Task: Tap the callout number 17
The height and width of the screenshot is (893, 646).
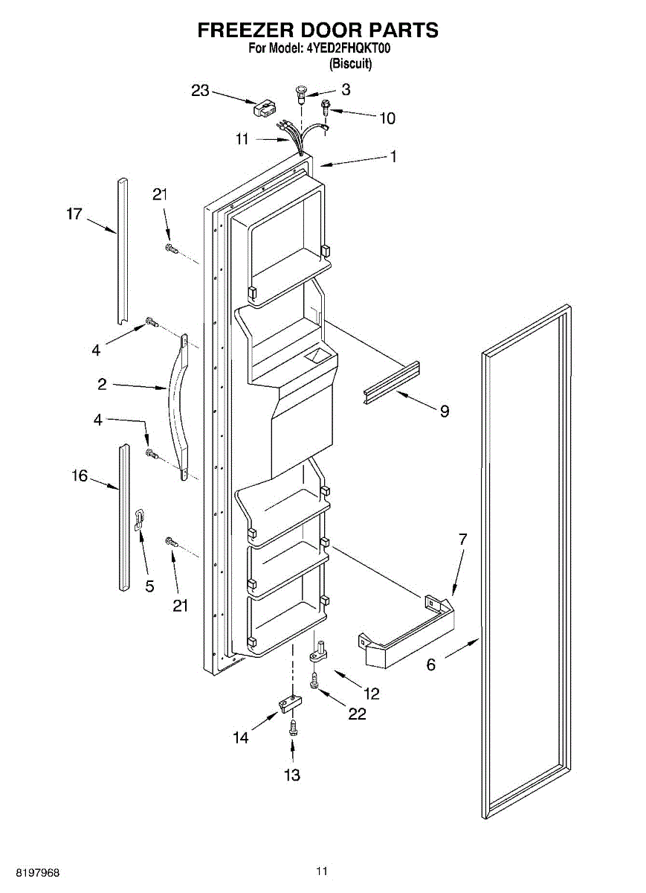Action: tap(74, 214)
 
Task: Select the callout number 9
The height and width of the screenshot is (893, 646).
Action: tap(444, 411)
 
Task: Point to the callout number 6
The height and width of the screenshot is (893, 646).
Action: tap(431, 665)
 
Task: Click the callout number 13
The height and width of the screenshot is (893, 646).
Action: tap(292, 775)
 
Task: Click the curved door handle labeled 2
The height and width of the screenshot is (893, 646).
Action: tap(178, 406)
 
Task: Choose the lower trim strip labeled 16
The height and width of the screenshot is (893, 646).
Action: tap(123, 517)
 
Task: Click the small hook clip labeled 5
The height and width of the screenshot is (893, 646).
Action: tap(139, 518)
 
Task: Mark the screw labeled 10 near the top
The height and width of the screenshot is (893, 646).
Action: tap(326, 108)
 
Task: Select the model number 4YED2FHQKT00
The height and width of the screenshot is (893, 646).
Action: tap(349, 49)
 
